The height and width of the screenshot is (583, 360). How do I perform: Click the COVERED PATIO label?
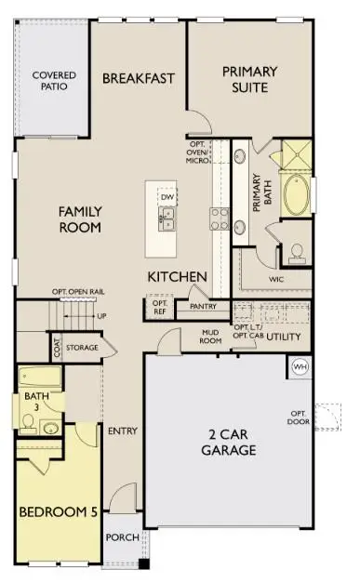[54, 81]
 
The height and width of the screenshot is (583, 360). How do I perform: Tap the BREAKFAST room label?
[139, 78]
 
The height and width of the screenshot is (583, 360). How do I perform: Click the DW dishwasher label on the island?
[167, 198]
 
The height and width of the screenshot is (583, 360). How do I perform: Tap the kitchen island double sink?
[168, 219]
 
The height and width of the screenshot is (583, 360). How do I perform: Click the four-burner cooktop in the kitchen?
[220, 219]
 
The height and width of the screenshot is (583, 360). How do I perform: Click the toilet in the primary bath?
[297, 252]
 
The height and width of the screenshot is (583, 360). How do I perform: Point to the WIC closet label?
[275, 277]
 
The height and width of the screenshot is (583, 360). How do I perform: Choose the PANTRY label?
[203, 306]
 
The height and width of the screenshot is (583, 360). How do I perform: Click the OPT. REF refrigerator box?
[159, 307]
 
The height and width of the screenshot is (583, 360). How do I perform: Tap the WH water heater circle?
[300, 365]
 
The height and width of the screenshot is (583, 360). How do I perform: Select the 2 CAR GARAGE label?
[226, 442]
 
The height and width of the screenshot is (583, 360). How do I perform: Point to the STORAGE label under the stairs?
[82, 348]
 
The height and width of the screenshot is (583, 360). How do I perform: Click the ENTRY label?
[122, 431]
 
